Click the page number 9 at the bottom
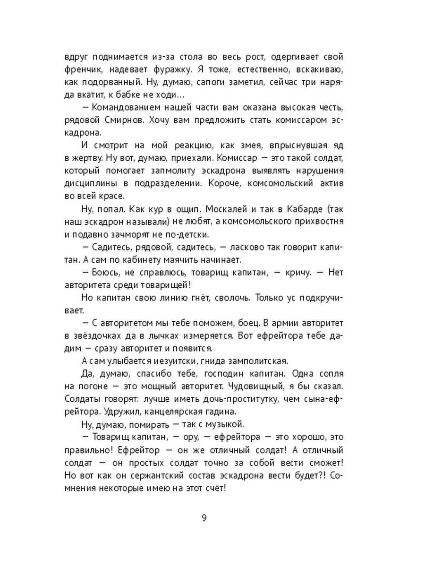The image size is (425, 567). click(x=204, y=517)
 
